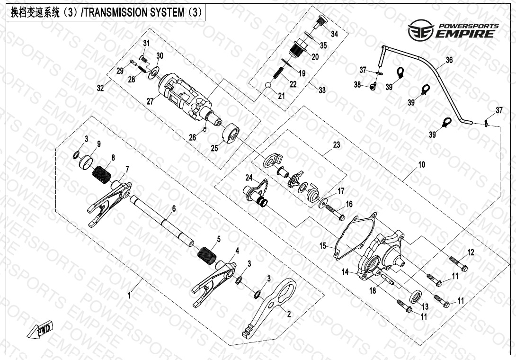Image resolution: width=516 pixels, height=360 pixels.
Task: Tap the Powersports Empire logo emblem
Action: click(x=421, y=30)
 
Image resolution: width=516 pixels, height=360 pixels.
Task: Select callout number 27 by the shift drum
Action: click(x=150, y=101)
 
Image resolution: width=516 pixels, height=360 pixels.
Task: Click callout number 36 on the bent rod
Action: click(x=449, y=60)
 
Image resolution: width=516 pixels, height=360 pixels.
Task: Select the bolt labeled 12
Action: click(x=458, y=263)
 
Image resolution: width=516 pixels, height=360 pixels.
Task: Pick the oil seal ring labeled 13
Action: click(x=416, y=296)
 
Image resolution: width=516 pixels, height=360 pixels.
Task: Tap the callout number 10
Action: click(x=421, y=164)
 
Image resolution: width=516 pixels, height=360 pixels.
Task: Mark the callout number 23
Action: click(x=336, y=144)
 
